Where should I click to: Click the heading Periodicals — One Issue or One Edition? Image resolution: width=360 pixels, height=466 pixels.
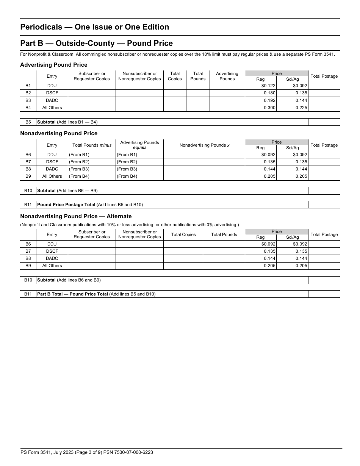(x=94, y=27)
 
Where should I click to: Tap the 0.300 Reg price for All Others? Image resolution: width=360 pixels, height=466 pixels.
(x=269, y=108)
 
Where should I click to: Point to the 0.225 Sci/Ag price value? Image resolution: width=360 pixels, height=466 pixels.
(x=301, y=108)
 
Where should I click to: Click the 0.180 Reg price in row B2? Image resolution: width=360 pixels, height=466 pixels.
(x=269, y=93)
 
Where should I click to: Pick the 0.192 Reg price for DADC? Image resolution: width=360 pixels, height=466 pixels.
(x=269, y=100)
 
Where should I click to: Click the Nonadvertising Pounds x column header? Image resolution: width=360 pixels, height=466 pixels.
(x=204, y=145)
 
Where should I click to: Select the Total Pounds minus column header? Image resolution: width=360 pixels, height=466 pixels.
(x=92, y=145)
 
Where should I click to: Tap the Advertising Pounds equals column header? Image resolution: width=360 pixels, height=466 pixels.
(x=139, y=145)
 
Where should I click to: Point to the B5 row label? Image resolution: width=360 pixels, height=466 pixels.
(x=28, y=122)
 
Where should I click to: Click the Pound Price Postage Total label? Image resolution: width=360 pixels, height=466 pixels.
(x=66, y=205)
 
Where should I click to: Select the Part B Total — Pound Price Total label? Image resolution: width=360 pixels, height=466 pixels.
(x=72, y=294)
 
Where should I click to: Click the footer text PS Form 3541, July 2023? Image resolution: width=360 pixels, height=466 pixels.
(x=86, y=452)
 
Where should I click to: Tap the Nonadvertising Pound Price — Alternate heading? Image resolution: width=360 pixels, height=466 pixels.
(x=76, y=216)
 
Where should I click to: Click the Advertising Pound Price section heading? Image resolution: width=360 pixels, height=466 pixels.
(x=53, y=65)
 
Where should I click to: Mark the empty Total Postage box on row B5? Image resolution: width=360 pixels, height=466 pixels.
(x=324, y=122)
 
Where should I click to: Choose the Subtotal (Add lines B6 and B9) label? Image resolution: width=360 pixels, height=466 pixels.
(x=69, y=280)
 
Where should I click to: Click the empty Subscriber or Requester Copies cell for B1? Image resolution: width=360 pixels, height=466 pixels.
(x=91, y=86)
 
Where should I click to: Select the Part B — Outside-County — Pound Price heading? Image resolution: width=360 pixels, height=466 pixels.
(x=96, y=43)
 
